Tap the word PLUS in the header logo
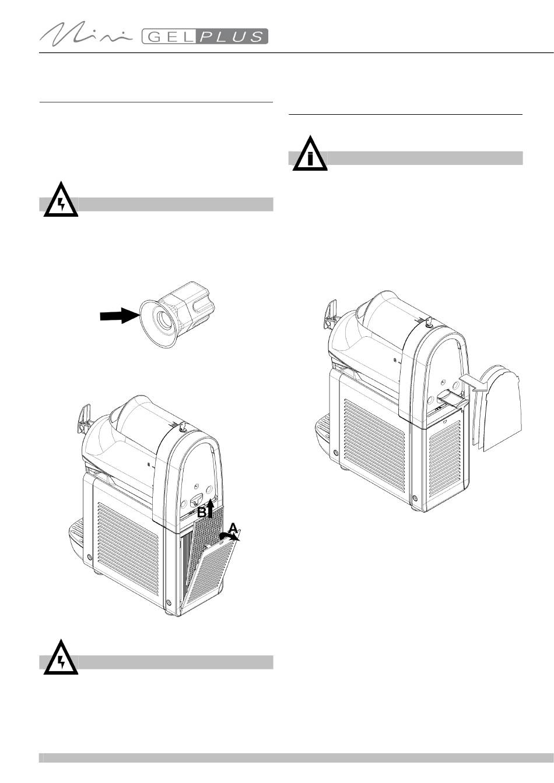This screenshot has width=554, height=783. click(232, 37)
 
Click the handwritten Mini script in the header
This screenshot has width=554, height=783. click(87, 35)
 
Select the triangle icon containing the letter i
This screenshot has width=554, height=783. click(310, 154)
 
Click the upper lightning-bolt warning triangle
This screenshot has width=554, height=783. click(61, 201)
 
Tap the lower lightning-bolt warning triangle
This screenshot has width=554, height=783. click(61, 659)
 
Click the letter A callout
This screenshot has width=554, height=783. click(233, 528)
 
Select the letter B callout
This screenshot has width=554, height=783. click(202, 513)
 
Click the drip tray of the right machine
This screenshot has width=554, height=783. click(321, 431)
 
